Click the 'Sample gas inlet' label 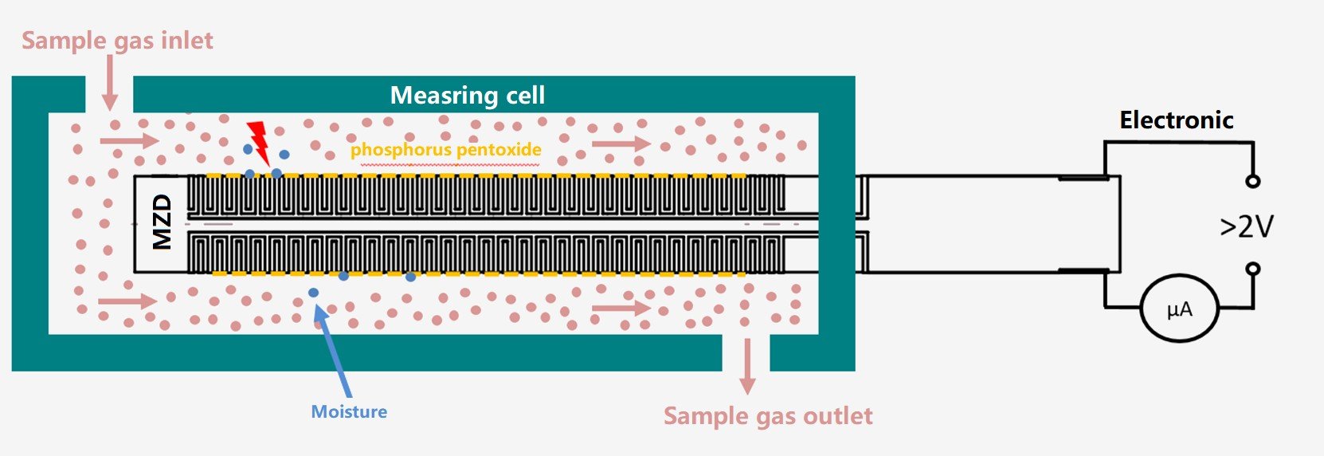(117, 40)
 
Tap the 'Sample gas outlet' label (768, 416)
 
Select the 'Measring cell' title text (468, 96)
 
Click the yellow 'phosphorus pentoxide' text (445, 149)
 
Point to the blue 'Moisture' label (349, 411)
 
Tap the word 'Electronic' (1176, 120)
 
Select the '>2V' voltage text (1247, 227)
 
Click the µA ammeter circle (1179, 309)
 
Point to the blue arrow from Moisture (333, 351)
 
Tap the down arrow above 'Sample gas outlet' (746, 367)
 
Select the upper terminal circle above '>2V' (1252, 181)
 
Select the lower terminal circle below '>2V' (1252, 269)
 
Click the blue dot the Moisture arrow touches (314, 293)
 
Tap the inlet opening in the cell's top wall (109, 94)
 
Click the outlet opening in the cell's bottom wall (746, 352)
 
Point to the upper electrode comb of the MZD (486, 196)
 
